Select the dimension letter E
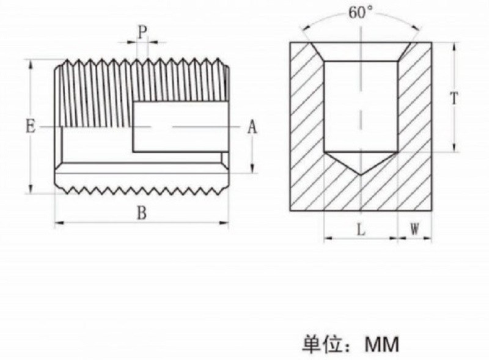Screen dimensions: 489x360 (30, 127)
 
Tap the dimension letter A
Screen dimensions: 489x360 (252, 127)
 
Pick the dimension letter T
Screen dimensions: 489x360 (454, 98)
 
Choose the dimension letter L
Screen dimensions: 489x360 (361, 229)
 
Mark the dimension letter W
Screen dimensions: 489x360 (414, 229)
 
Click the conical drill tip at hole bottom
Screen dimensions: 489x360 (361, 163)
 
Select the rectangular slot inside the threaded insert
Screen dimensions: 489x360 (181, 127)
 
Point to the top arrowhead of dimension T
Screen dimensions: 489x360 (454, 46)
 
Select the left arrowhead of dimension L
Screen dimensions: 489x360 (326, 238)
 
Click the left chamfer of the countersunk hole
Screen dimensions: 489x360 (315, 51)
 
